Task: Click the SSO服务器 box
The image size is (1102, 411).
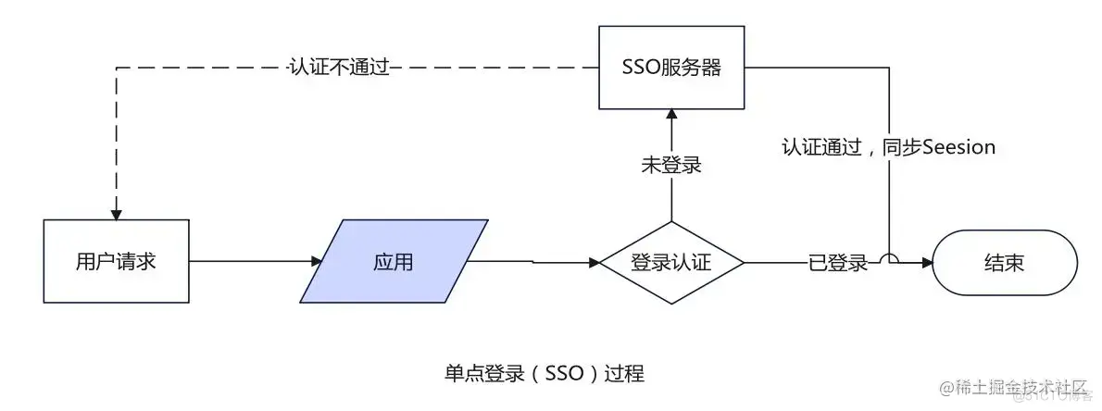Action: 671,68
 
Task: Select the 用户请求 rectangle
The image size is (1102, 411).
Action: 116,261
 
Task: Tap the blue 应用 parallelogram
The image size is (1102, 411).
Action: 394,261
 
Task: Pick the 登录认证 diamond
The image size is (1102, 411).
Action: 671,262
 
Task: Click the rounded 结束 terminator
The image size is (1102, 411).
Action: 1004,262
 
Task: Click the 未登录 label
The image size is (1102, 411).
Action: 671,166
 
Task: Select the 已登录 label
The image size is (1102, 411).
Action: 838,263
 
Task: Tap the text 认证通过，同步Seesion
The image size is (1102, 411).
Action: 888,147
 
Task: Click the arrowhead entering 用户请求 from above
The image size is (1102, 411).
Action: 116,213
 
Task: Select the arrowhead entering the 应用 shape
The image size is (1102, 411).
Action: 315,262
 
